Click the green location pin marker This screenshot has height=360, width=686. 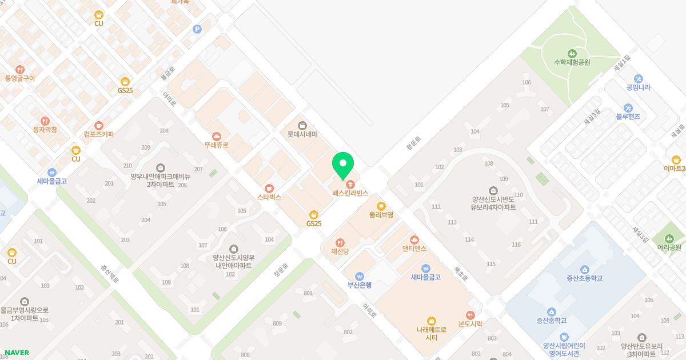[343, 165]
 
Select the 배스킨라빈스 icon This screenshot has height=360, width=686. [350, 184]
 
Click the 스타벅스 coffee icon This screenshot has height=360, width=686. [269, 188]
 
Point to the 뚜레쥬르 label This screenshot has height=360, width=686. [216, 145]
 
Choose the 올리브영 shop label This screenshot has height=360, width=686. [381, 215]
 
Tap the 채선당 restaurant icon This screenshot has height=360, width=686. [341, 242]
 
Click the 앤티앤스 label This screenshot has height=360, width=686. [414, 248]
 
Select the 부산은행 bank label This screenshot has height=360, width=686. [360, 285]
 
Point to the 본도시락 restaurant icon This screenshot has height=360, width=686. [470, 315]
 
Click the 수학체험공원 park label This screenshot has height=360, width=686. [572, 62]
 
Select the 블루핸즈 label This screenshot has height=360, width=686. [628, 117]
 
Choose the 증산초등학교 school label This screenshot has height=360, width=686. [584, 278]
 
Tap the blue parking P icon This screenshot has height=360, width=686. [197, 29]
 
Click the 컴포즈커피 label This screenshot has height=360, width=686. [98, 134]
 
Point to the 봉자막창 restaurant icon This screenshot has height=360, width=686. [45, 121]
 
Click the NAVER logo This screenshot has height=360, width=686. [16, 353]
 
